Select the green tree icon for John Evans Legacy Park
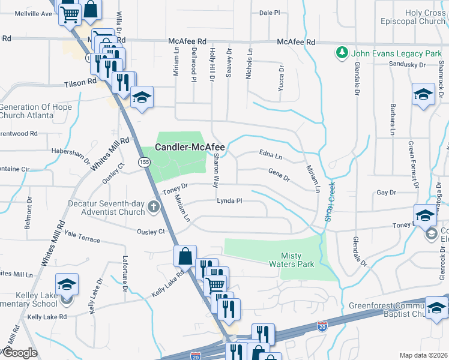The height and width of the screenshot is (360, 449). click(x=342, y=52)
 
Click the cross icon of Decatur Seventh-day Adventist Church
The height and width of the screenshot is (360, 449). click(x=154, y=208)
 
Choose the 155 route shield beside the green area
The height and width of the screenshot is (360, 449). click(x=143, y=162)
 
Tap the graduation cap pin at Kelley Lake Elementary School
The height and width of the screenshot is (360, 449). click(x=67, y=284)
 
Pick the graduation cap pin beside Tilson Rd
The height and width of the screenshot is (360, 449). click(x=142, y=97)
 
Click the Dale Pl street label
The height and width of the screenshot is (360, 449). click(x=270, y=13)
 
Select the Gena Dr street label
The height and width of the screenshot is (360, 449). click(x=279, y=175)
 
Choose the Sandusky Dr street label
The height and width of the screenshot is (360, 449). click(x=407, y=64)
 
